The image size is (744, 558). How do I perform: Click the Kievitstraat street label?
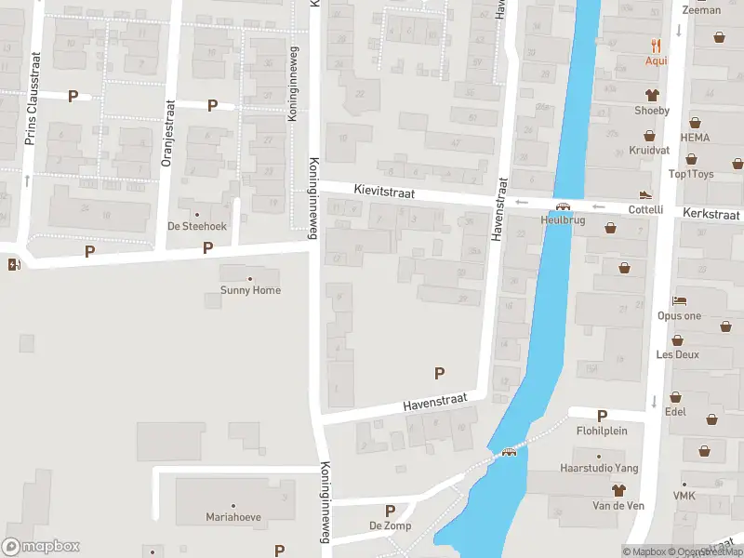(x=383, y=191)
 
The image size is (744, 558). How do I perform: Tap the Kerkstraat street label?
(x=711, y=213)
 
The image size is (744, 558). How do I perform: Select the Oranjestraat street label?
(x=168, y=133)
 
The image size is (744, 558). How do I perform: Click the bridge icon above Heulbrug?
(x=563, y=206)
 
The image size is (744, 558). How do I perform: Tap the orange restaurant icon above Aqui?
(x=657, y=45)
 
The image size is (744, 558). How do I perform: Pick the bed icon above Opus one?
(x=679, y=302)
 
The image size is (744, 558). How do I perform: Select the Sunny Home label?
(x=250, y=290)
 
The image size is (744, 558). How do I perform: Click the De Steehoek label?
(x=196, y=226)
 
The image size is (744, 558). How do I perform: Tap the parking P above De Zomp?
(x=390, y=511)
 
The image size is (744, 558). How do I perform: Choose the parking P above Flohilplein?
(x=602, y=416)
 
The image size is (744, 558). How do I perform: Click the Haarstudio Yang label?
(x=599, y=468)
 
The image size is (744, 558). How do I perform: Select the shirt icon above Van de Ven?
(x=618, y=489)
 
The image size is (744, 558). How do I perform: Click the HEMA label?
(x=695, y=137)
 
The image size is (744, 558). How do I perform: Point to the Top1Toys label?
(x=691, y=174)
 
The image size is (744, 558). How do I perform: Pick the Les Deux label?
(x=678, y=354)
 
